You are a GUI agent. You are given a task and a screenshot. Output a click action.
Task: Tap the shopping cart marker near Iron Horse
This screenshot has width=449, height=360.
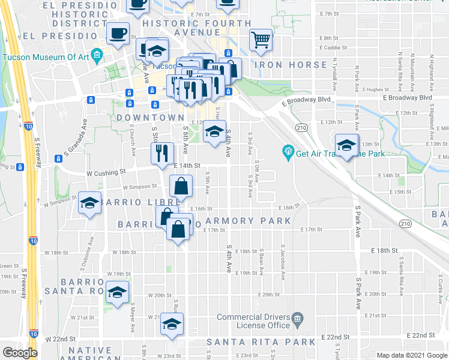click(261, 40)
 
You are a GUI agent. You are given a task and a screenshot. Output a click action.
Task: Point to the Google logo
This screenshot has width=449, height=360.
click(20, 353)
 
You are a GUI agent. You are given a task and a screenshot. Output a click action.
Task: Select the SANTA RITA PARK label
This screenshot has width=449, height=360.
click(261, 342)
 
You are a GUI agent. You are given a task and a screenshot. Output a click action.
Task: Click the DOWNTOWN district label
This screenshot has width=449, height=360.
click(150, 117)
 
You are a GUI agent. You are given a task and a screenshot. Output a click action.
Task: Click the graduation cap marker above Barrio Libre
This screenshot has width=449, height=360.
click(89, 203)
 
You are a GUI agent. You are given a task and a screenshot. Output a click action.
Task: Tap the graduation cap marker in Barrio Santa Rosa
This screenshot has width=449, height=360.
click(117, 293)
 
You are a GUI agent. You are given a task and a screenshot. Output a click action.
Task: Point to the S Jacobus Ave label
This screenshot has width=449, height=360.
click(283, 262)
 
